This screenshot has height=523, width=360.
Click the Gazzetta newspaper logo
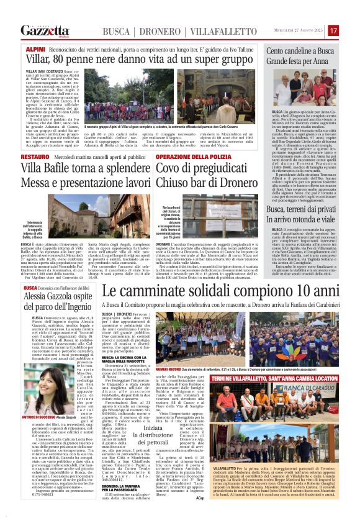(45, 30)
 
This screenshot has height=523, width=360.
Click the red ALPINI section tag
(35, 48)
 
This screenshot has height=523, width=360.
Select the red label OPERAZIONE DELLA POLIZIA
(185, 158)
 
